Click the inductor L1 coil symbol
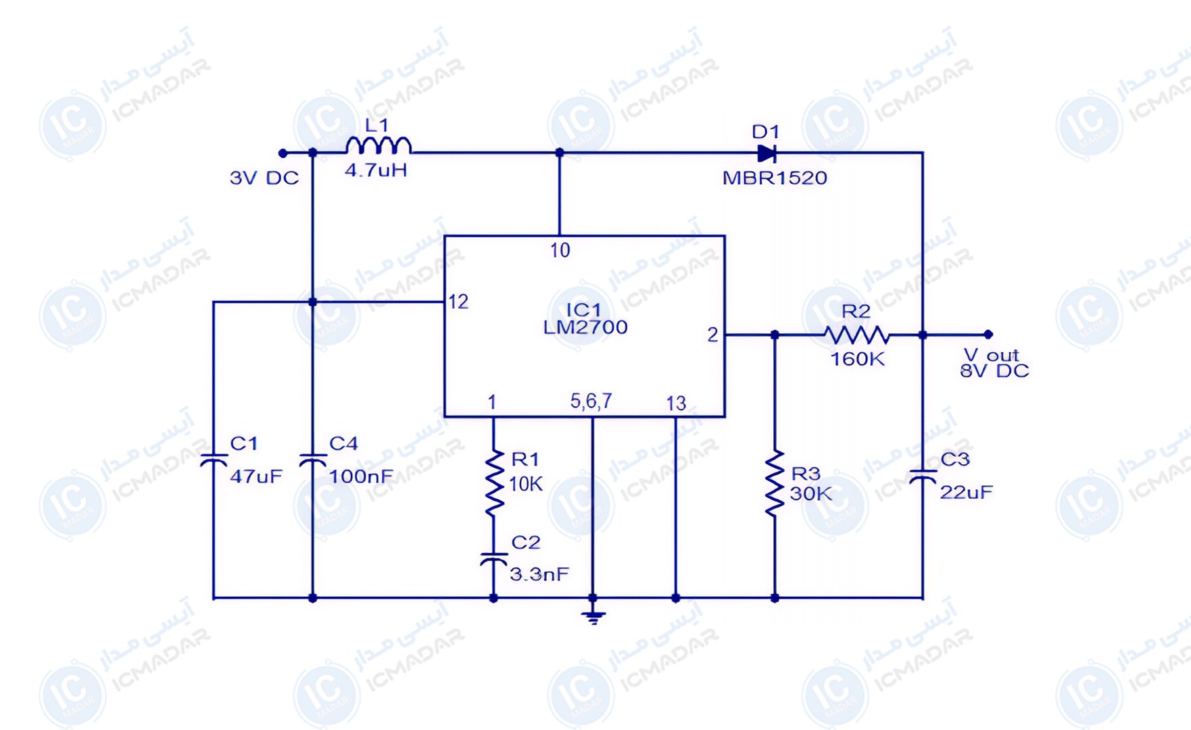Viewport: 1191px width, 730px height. tap(378, 146)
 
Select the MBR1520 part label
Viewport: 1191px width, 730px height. tap(775, 178)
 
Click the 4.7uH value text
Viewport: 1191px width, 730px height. tap(376, 170)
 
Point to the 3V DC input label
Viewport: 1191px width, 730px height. tap(264, 178)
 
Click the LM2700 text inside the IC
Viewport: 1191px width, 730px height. tap(585, 328)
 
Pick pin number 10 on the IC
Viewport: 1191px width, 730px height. tap(560, 251)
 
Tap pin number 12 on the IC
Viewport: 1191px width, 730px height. tap(458, 302)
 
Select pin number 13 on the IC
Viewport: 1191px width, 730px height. tap(676, 404)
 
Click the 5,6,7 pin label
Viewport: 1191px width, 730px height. tap(591, 401)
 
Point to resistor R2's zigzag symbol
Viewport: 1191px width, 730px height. tap(856, 335)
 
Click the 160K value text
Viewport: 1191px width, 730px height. tap(857, 359)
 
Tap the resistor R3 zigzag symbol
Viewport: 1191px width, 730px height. tap(775, 483)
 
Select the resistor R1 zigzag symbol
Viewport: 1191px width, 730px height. tap(494, 483)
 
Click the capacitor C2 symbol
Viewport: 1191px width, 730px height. tap(493, 559)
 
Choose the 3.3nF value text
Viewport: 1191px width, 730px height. tap(539, 575)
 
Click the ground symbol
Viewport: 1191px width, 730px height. tap(593, 617)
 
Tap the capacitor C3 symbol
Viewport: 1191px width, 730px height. tap(923, 476)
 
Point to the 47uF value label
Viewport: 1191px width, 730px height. tap(256, 477)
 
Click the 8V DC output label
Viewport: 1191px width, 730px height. tap(994, 371)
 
